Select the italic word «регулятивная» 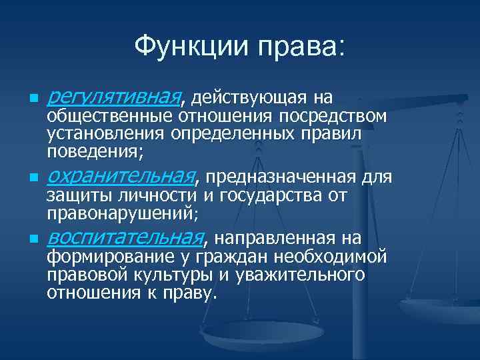point(115,99)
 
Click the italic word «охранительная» point(123,177)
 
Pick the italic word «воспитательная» point(127,238)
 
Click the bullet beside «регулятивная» point(25,100)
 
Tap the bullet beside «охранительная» point(25,179)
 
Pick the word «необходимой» point(323,257)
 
